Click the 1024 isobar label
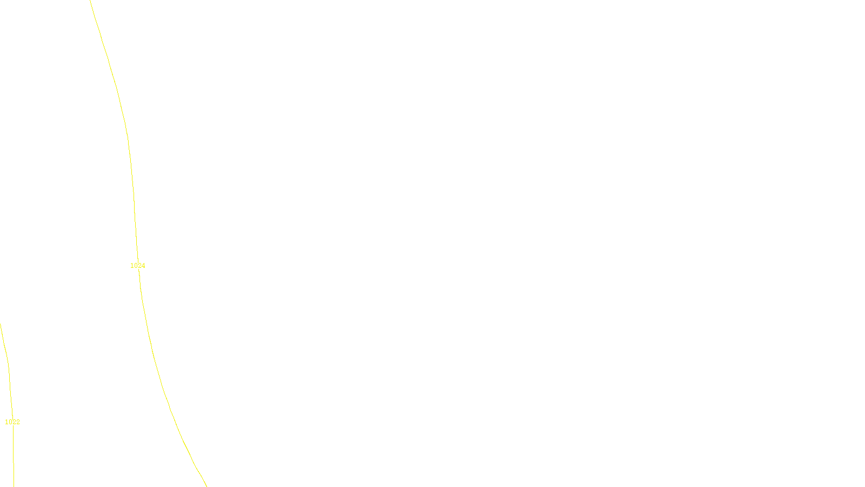click(138, 266)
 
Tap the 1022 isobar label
click(12, 422)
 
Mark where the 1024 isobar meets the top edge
click(90, 1)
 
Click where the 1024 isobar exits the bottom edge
click(206, 485)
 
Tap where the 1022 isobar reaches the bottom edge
click(14, 485)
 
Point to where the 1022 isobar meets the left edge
click(1, 325)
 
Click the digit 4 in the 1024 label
click(143, 266)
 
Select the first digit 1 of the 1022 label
click(6, 422)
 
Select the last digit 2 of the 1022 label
click(18, 422)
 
